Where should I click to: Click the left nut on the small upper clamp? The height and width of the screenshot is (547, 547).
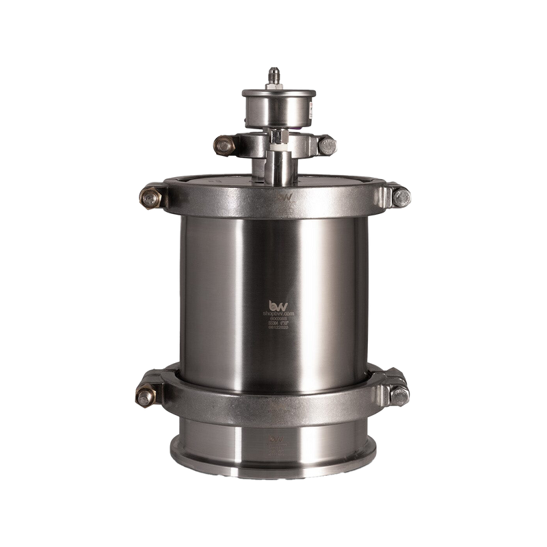tap(222, 144)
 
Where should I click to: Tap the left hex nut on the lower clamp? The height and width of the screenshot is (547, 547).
tap(148, 395)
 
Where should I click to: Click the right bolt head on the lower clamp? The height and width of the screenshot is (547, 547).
tap(399, 392)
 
